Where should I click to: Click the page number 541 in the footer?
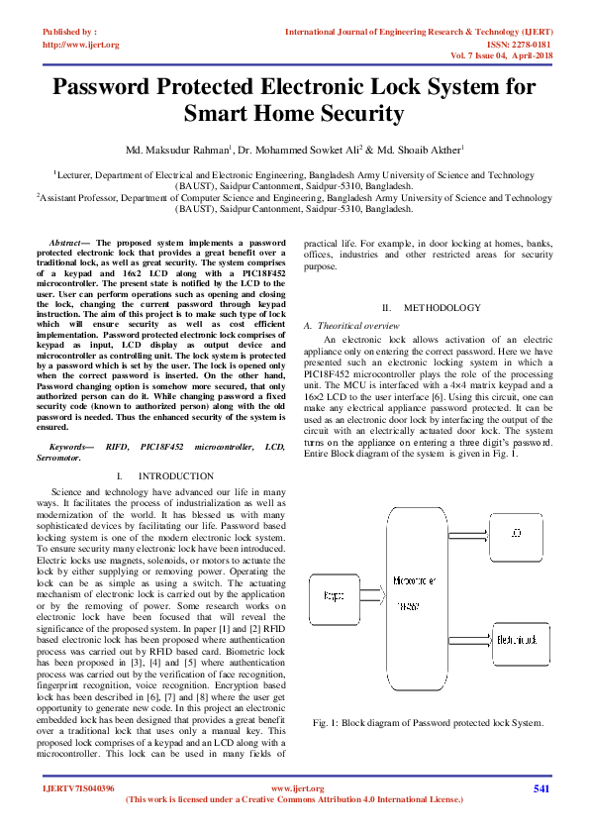541,788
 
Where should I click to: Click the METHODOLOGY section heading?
437,308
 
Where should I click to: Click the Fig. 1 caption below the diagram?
428,722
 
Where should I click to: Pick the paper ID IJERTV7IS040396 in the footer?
79,788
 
